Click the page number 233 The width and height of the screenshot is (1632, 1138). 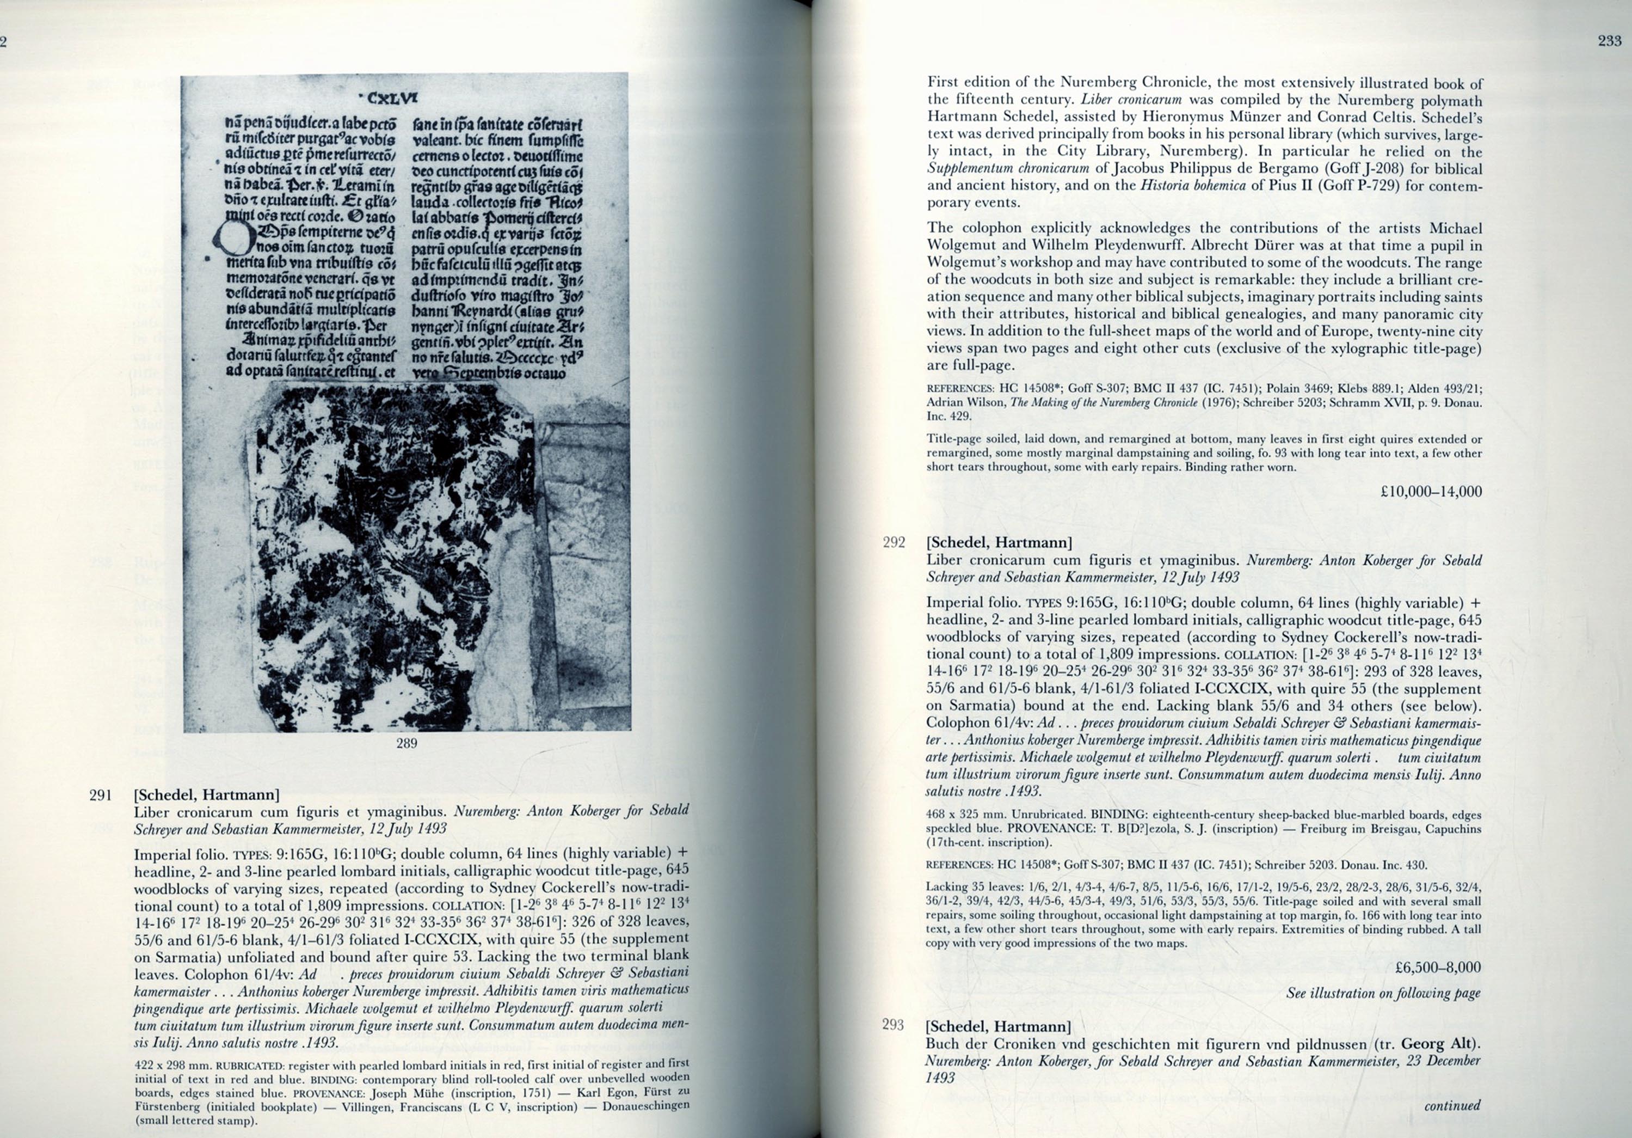[x=1609, y=41]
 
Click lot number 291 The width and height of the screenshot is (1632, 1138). [x=101, y=795]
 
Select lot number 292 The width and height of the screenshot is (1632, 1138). [x=894, y=543]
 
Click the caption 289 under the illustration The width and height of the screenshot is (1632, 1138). [x=406, y=743]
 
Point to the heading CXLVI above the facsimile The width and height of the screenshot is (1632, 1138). [x=388, y=98]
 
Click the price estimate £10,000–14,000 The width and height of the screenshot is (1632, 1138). [x=1431, y=492]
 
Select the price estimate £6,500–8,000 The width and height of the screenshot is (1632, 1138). [x=1438, y=967]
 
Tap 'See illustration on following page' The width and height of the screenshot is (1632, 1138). [x=1383, y=993]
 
